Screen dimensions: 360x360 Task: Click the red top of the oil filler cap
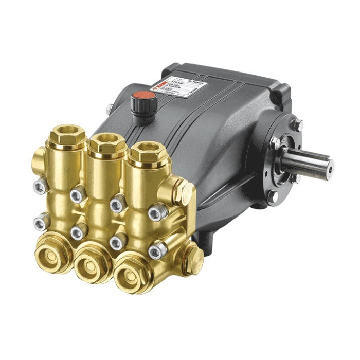[x=139, y=96]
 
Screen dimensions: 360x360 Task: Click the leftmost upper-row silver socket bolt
[x=40, y=188]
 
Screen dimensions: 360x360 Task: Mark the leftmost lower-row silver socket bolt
[x=42, y=222]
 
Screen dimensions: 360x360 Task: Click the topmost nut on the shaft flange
[x=298, y=125]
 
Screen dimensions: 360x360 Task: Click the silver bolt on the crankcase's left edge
[x=109, y=109]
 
